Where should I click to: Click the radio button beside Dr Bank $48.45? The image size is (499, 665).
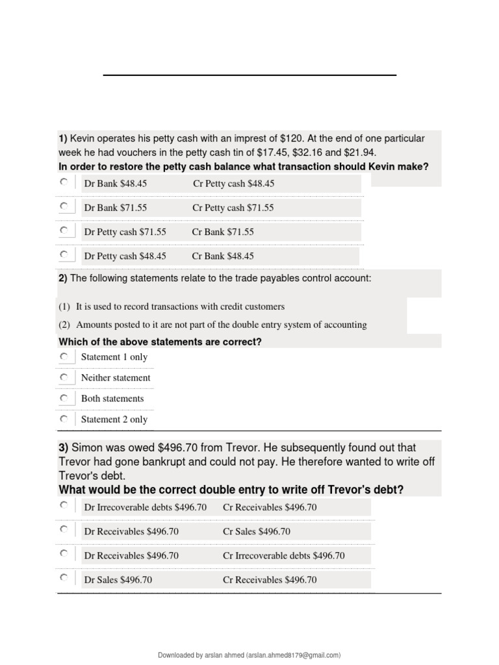64,182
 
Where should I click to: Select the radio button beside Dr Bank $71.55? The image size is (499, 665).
64,207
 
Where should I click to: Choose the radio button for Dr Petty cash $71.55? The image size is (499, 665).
64,231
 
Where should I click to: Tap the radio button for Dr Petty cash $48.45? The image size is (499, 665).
64,255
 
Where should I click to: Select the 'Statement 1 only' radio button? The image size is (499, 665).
64,357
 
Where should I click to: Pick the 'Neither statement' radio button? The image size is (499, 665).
64,377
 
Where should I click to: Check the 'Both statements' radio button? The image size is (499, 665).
64,398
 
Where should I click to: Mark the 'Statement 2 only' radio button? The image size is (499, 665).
64,419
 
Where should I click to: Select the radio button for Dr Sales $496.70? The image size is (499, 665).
64,577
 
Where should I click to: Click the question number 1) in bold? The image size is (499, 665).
63,138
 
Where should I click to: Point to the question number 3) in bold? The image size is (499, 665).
64,447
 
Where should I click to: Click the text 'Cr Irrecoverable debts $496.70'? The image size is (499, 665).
283,555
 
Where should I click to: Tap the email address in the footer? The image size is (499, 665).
293,655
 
